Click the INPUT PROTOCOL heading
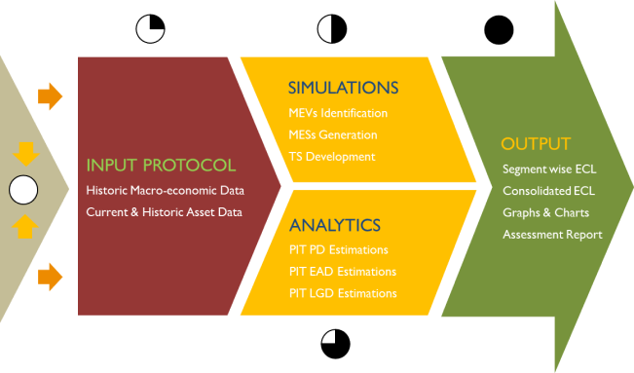tap(160, 165)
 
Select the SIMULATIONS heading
tap(344, 88)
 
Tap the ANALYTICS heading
tap(334, 225)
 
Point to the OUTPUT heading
tap(536, 144)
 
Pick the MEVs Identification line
tap(338, 113)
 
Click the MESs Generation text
tap(333, 134)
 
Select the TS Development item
tap(331, 156)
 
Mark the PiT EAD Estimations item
tap(342, 272)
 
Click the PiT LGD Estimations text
tap(343, 293)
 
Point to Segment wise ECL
tap(548, 169)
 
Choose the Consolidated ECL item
tap(548, 191)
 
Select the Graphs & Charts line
tap(545, 212)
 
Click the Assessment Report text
tap(552, 234)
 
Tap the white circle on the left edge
tap(23, 189)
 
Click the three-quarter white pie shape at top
tap(149, 28)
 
